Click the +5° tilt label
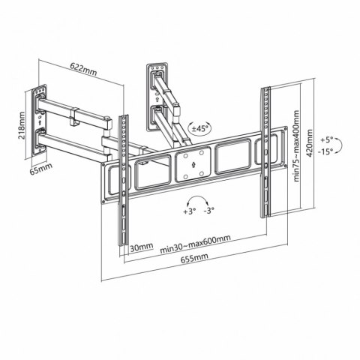pyautogui.click(x=324, y=139)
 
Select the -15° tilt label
pyautogui.click(x=324, y=153)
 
